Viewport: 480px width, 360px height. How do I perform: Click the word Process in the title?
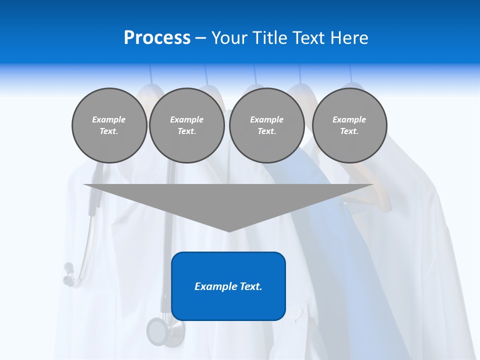click(x=157, y=38)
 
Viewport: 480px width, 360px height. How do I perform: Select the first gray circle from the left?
click(x=109, y=125)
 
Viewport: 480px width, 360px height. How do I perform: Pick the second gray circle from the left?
click(x=186, y=125)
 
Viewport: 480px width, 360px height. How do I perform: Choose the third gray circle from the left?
click(x=266, y=125)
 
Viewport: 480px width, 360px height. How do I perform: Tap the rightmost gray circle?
click(x=349, y=125)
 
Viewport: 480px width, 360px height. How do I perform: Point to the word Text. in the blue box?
click(x=248, y=286)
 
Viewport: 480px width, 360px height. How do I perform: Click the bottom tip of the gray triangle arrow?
click(x=228, y=230)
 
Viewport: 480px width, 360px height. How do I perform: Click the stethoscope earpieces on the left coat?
click(x=69, y=274)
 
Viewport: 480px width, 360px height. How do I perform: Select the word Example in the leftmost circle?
click(x=109, y=119)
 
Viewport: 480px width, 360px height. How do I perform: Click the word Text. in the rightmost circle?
click(x=349, y=131)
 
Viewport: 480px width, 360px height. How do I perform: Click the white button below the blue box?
click(x=296, y=313)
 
